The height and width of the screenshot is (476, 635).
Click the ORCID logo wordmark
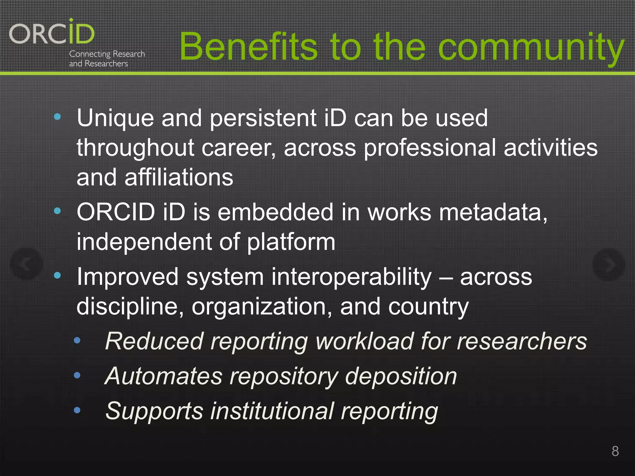point(51,33)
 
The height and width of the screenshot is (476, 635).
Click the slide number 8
point(615,451)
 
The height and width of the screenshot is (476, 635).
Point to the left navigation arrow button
point(26,264)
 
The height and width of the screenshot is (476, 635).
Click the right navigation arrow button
point(608,264)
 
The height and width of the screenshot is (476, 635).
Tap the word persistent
point(263,118)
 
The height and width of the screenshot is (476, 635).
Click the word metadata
point(493,213)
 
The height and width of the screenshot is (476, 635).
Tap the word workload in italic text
point(365,341)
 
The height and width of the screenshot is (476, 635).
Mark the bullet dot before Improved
point(57,275)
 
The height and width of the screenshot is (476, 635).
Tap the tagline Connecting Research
point(107,54)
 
